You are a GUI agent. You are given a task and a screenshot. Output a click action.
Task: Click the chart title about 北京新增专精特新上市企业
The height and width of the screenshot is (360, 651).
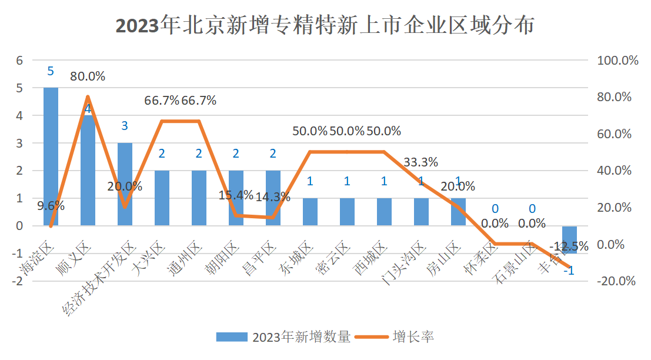(325, 26)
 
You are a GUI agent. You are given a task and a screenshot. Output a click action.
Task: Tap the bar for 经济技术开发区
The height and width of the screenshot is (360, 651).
(125, 184)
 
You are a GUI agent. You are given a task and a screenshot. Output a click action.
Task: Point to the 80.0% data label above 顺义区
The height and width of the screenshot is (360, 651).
(88, 76)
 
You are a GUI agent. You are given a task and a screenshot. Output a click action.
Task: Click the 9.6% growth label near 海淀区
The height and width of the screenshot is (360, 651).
(51, 206)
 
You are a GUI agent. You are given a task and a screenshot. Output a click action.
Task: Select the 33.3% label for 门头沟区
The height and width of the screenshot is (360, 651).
(420, 162)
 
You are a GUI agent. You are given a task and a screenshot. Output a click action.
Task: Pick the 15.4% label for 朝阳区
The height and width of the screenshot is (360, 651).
(236, 195)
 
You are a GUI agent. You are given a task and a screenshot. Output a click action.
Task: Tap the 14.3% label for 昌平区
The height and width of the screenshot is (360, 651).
(273, 197)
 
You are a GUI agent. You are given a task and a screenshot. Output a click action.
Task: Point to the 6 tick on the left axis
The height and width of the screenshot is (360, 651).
(19, 60)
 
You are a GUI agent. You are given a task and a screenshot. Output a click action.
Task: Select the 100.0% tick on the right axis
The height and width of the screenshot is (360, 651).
(617, 61)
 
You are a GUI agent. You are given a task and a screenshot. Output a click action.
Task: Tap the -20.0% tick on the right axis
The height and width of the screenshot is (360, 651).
(616, 281)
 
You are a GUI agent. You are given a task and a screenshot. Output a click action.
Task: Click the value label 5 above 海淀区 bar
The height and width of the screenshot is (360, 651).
(51, 71)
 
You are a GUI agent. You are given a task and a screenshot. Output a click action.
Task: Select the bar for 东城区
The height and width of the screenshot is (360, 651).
(310, 212)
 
